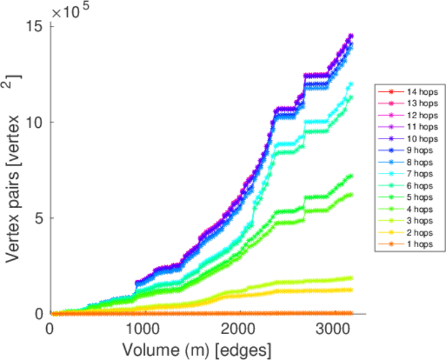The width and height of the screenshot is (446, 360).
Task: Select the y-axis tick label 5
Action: tap(40, 218)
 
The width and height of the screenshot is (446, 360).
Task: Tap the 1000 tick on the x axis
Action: tap(143, 328)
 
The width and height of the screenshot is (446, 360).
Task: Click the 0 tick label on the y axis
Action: tap(40, 313)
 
